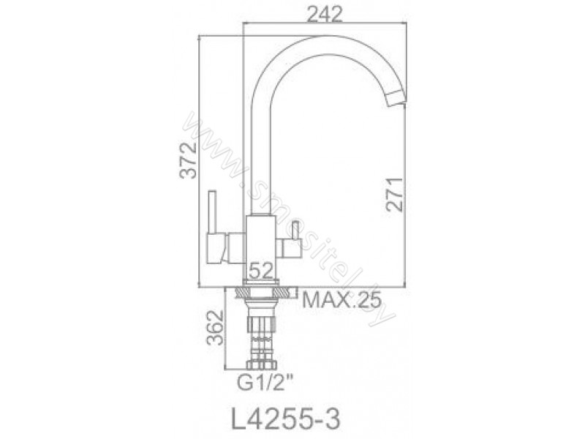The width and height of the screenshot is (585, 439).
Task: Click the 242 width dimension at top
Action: (x=324, y=15)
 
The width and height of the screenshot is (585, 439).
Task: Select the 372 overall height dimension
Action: (x=188, y=160)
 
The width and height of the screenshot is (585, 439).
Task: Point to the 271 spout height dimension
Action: (x=394, y=194)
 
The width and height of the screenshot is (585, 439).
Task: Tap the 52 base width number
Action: (x=261, y=270)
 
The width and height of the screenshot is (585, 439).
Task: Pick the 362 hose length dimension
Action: (x=215, y=327)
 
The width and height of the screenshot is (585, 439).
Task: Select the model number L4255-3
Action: (x=286, y=419)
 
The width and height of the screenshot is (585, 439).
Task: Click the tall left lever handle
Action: (x=212, y=213)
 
